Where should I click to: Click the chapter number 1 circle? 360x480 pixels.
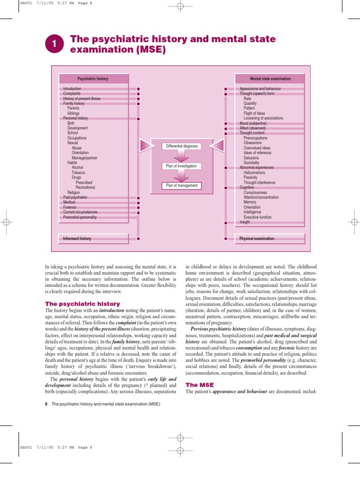pos(54,45)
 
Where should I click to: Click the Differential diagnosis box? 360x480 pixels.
pos(181,146)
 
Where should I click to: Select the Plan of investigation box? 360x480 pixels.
pos(181,166)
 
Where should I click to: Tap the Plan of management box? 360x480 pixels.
pos(181,186)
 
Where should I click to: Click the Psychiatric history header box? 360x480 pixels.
pos(93,79)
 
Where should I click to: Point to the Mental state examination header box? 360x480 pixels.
pos(270,79)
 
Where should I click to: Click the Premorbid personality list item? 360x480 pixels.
pos(80,217)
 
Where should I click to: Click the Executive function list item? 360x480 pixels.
pos(257,217)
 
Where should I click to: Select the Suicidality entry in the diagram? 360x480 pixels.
pos(252,163)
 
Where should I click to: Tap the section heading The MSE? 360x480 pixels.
pos(200,385)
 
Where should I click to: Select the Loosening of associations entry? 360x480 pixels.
pos(263,118)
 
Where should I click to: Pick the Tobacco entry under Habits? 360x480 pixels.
pos(79,172)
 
